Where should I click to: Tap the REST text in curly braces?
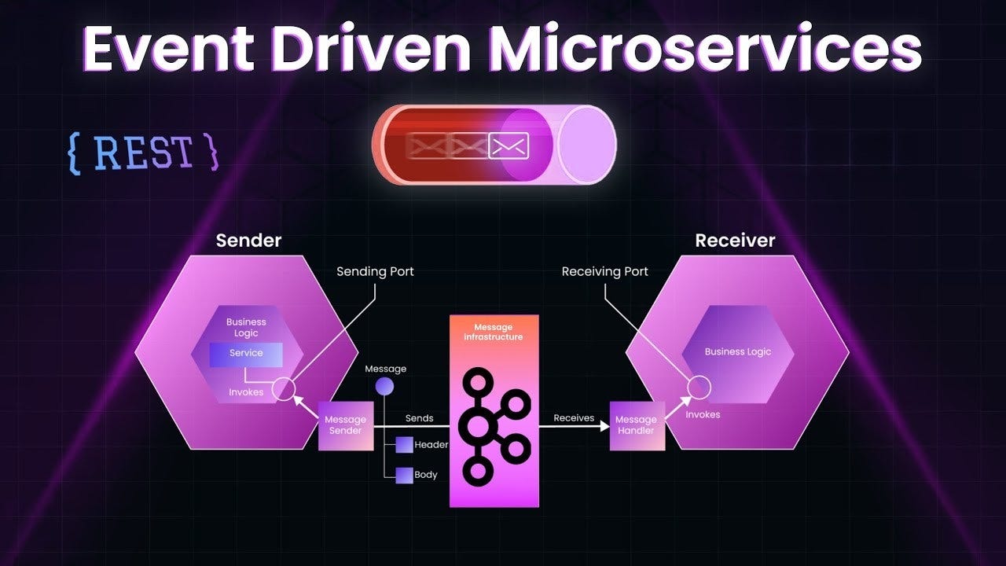point(144,153)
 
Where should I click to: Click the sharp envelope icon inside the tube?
point(509,145)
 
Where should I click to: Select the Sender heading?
point(248,241)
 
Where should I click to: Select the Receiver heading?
point(735,241)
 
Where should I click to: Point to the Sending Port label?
point(375,271)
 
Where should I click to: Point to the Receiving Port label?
point(605,271)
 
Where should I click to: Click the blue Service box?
point(246,354)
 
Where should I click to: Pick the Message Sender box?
point(346,425)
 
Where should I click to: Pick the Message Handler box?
point(637,425)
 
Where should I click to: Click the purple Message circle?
point(384,386)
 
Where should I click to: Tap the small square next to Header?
point(404,445)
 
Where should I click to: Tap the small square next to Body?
point(404,475)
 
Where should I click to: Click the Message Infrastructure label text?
point(494,332)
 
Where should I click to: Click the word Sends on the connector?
point(419,418)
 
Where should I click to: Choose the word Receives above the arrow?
point(574,418)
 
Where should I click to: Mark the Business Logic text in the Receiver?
point(738,352)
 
